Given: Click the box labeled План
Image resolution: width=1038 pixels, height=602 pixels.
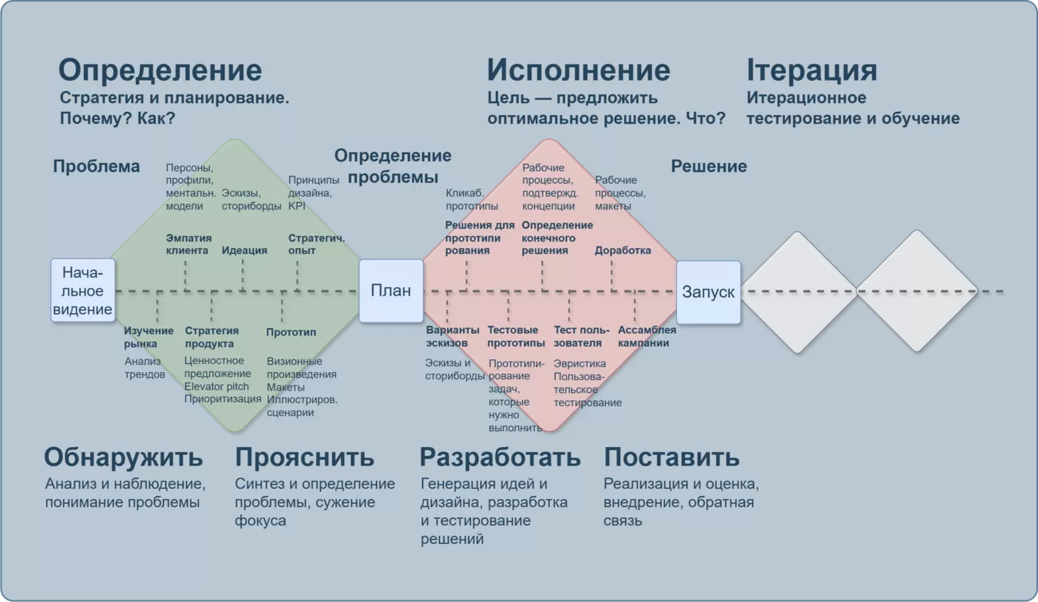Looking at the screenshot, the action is click(391, 291).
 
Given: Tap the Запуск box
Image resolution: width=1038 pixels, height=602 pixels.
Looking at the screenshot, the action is click(708, 292).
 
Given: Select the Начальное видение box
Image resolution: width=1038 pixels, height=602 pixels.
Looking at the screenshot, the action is click(83, 290).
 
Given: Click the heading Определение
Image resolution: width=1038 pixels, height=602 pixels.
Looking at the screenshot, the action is click(160, 70).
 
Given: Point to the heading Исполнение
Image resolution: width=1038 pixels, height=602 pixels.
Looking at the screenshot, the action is click(579, 70).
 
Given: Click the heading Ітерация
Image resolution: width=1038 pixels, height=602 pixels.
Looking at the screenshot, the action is click(812, 70).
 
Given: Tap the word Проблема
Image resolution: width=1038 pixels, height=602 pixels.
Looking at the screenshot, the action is click(97, 166).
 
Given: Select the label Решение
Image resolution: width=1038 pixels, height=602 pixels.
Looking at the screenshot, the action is click(709, 166).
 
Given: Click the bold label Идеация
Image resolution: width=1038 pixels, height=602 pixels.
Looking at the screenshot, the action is click(244, 251).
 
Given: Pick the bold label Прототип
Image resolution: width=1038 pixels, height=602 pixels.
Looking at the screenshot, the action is click(291, 332).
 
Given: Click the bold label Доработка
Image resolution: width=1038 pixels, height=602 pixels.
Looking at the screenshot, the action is click(623, 251).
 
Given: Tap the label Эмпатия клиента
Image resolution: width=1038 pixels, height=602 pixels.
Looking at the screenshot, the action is click(188, 244).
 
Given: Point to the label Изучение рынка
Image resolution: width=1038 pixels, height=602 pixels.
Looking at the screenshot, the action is click(149, 338).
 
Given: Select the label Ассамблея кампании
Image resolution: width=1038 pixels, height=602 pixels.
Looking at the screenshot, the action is click(647, 336).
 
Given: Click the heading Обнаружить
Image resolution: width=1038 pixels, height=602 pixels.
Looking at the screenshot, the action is click(123, 457).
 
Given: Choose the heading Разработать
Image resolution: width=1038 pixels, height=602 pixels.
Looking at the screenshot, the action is click(500, 457).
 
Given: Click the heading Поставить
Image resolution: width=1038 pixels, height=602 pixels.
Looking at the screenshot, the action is click(672, 457).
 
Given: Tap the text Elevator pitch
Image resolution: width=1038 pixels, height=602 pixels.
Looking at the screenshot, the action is click(216, 386).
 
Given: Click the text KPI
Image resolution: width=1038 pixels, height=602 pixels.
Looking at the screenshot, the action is click(296, 206).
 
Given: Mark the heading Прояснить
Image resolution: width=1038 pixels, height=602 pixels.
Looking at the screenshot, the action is click(304, 457).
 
